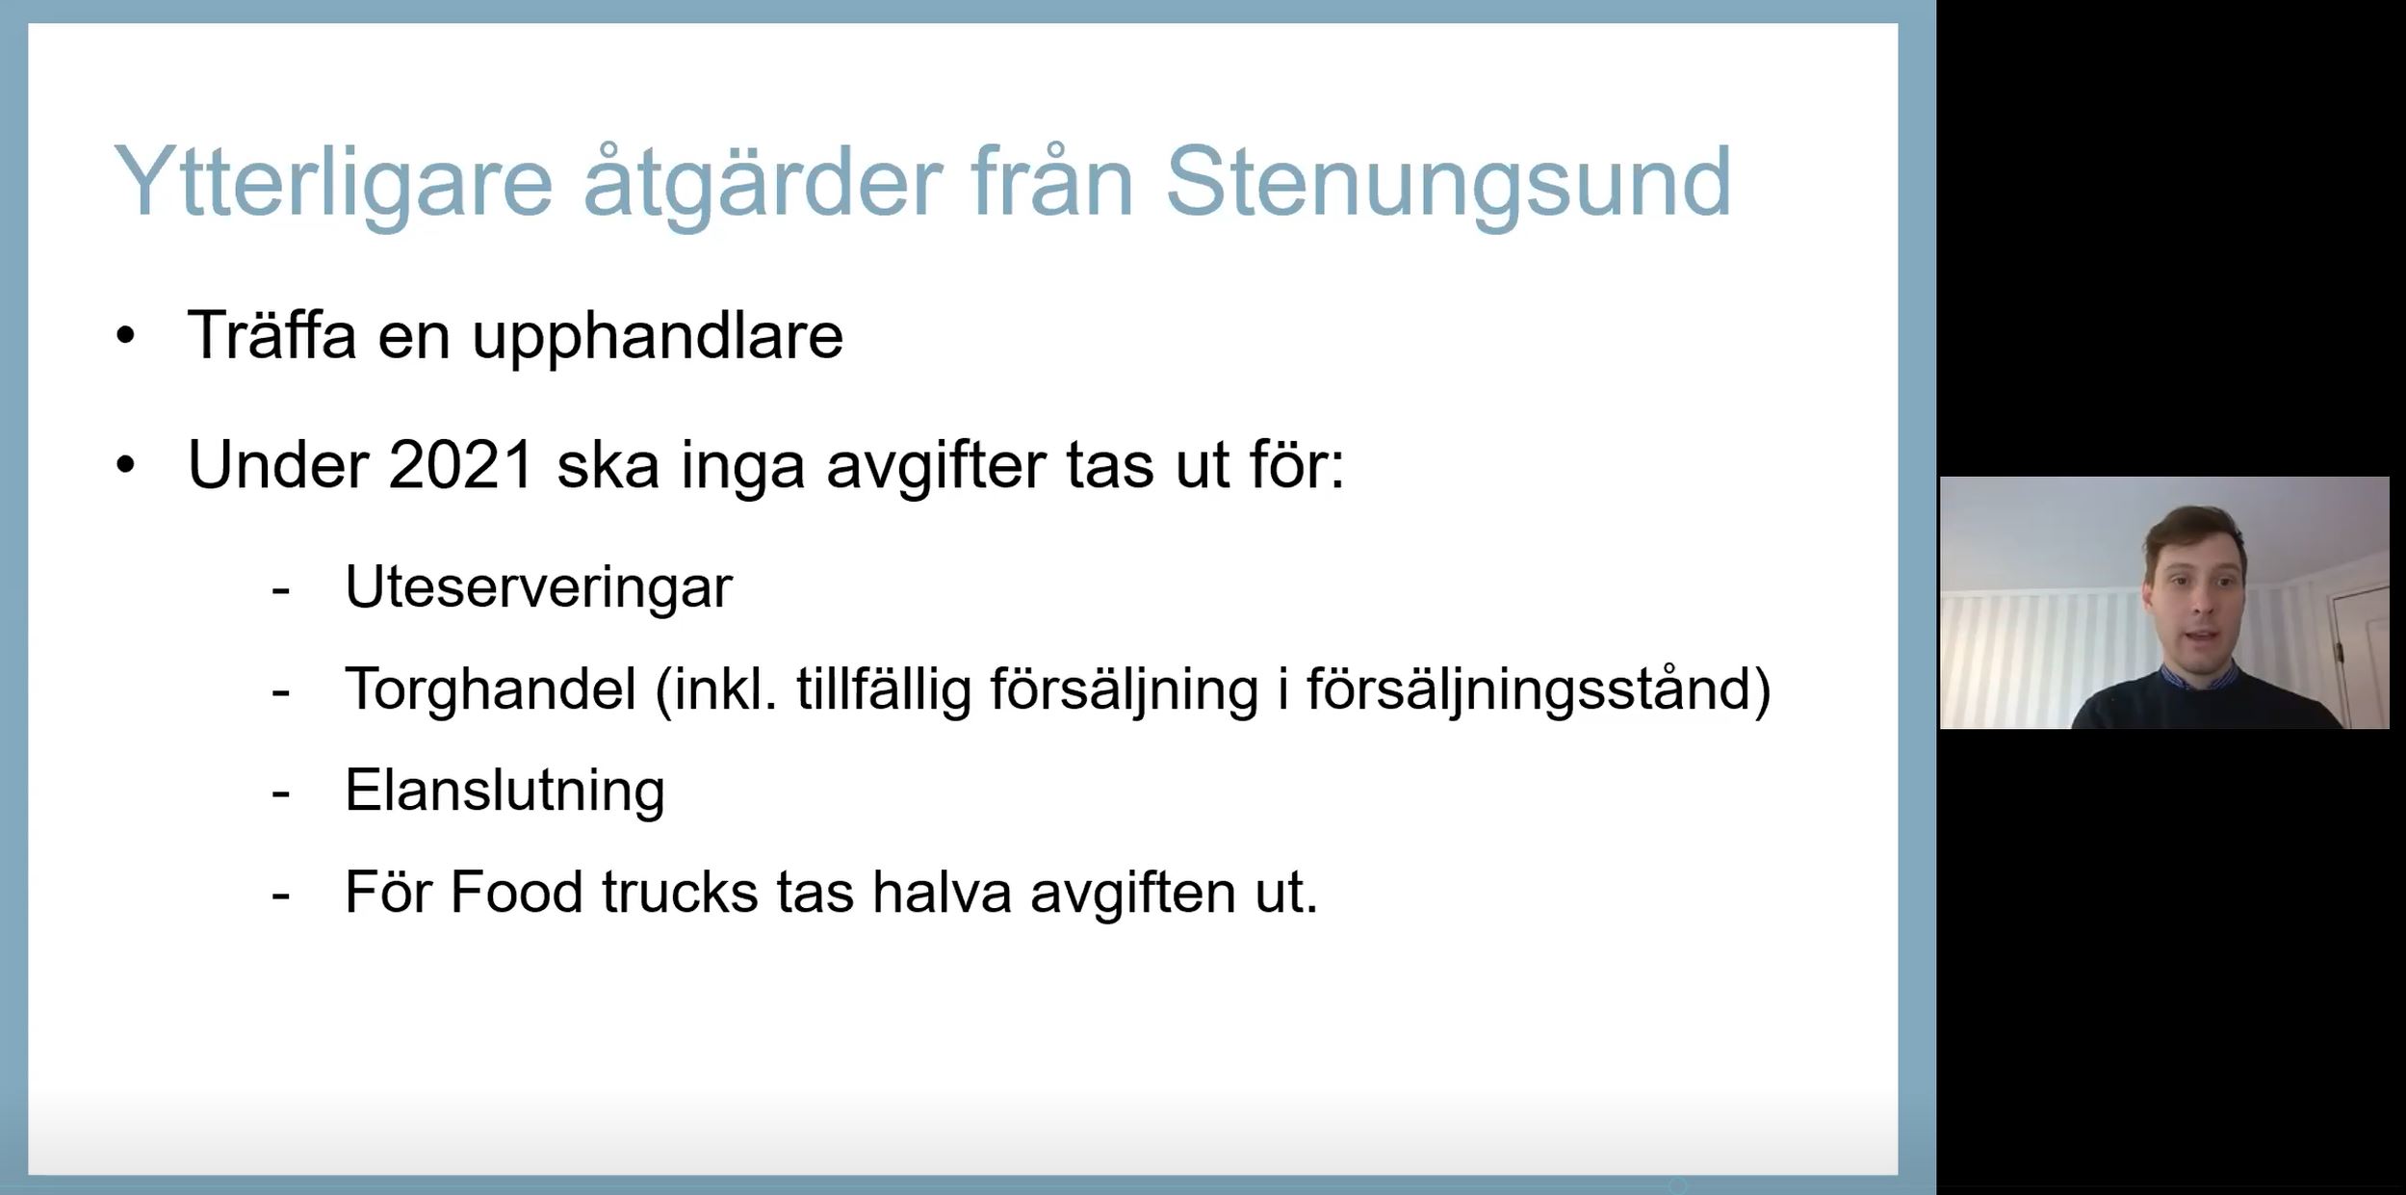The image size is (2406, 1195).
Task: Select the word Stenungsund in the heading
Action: point(1448,183)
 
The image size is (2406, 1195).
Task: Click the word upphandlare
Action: point(658,337)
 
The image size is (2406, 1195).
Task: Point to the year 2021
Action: point(461,466)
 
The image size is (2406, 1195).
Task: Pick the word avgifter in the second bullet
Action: point(936,468)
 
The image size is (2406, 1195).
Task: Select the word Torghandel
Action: point(491,688)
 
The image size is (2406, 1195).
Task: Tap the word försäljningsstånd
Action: point(1538,689)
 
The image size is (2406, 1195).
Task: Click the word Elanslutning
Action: point(504,791)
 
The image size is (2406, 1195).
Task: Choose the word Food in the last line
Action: point(517,892)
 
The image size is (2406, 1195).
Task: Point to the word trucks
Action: point(681,892)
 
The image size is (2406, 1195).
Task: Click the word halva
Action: point(942,892)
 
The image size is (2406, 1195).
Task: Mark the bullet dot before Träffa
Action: point(125,337)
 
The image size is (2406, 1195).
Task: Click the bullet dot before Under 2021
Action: point(125,466)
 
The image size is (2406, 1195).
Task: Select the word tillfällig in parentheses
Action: point(884,689)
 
